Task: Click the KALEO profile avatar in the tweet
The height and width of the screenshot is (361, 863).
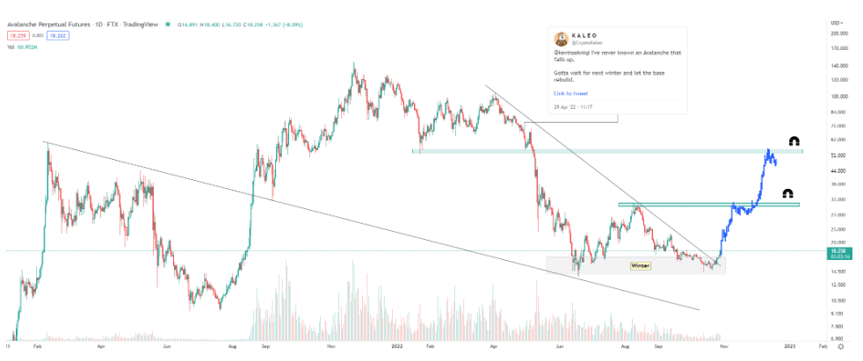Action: coord(561,39)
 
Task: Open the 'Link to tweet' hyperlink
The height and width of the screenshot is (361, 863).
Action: coord(570,92)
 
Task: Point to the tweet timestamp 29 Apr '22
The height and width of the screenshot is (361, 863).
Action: coord(573,106)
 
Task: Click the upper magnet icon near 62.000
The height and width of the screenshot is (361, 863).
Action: coord(794,141)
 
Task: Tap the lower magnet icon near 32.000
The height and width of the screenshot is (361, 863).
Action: coord(787,194)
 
